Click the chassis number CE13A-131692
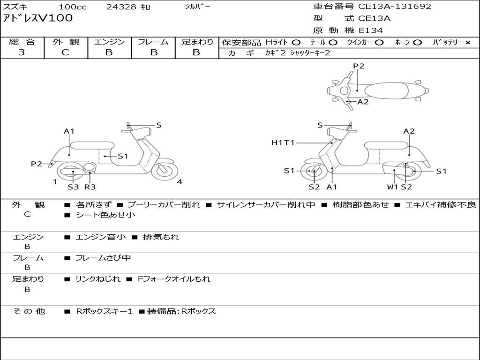click(x=395, y=7)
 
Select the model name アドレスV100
click(x=38, y=18)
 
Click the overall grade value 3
click(x=22, y=52)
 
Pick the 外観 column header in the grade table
click(x=66, y=42)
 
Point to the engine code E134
click(x=371, y=30)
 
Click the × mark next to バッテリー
click(x=467, y=42)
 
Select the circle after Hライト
click(x=296, y=42)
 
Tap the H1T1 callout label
click(x=283, y=142)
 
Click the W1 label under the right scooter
click(x=392, y=187)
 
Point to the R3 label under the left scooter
click(x=90, y=187)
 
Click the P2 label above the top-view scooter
click(x=359, y=66)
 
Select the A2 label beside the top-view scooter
click(x=363, y=102)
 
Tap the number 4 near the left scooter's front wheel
click(x=180, y=182)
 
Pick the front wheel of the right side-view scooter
click(x=314, y=172)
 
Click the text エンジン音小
click(x=101, y=237)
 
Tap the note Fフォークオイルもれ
click(x=174, y=279)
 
